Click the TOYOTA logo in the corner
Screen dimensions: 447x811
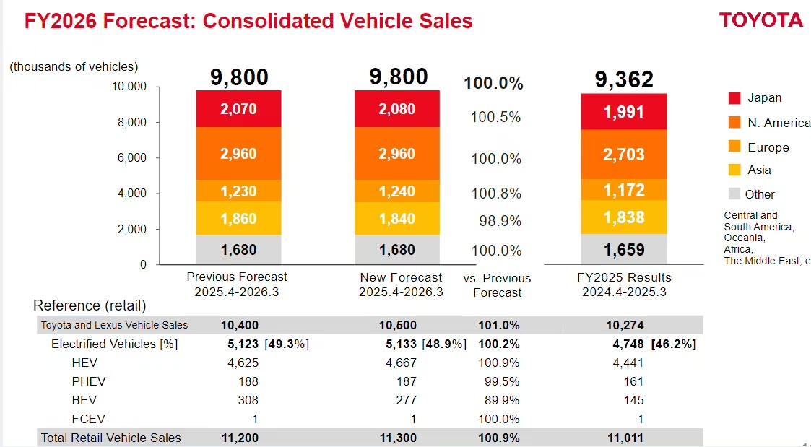[x=760, y=20]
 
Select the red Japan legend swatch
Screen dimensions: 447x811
[x=734, y=98]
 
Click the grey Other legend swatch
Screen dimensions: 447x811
[x=734, y=194]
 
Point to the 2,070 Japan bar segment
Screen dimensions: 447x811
[x=239, y=110]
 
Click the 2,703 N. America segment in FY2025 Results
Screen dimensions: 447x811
[x=624, y=154]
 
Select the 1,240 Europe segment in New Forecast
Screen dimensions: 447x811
[x=397, y=191]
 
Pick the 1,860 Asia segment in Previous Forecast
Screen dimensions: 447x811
[x=239, y=219]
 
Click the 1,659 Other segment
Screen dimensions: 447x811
[x=624, y=250]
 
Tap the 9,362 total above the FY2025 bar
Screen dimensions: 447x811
[x=624, y=79]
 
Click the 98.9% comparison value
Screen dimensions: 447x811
[x=500, y=221]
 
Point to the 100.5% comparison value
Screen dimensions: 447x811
[x=495, y=117]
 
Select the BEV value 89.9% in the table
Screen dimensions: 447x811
[x=499, y=400]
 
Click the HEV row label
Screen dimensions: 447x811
[x=84, y=363]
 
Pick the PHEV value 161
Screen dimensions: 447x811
[x=633, y=381]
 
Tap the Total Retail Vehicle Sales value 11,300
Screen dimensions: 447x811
[x=398, y=438]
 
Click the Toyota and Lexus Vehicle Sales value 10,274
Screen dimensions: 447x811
[x=625, y=325]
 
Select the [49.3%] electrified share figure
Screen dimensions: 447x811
[x=287, y=344]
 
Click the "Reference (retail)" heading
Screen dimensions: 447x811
[x=90, y=305]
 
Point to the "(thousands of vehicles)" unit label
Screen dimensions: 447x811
[x=74, y=66]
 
